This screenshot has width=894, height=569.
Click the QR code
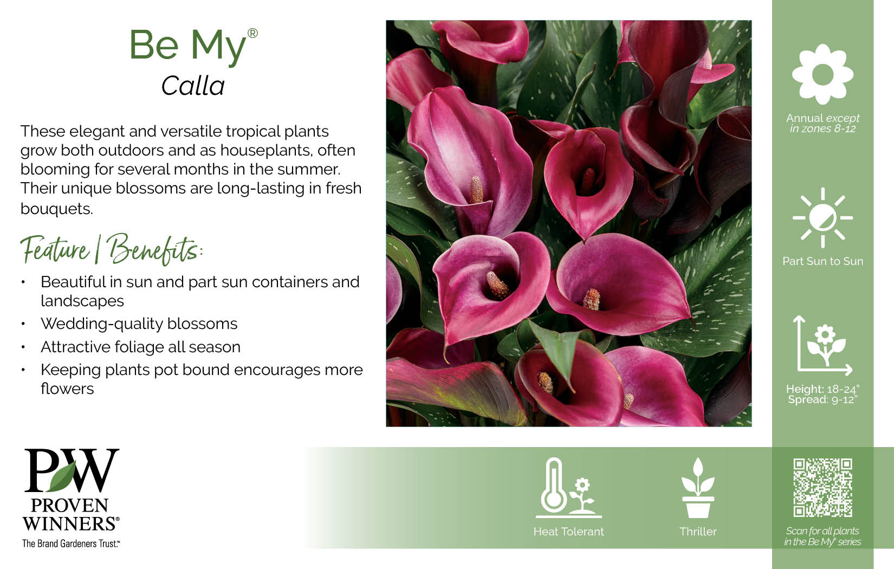[x=822, y=488]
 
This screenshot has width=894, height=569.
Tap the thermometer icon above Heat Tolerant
[x=568, y=488]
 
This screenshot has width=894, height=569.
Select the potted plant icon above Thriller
[x=698, y=488]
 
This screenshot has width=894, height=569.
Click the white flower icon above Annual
[x=822, y=74]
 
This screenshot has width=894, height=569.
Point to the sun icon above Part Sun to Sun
[x=822, y=218]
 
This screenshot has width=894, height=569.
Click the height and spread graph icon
[x=822, y=345]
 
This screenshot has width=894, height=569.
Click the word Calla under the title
[x=193, y=86]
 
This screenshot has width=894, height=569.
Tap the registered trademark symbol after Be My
[x=252, y=33]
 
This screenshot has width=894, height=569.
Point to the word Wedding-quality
[x=102, y=324]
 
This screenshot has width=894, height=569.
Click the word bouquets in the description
[x=57, y=209]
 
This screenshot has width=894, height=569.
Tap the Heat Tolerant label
[x=568, y=532]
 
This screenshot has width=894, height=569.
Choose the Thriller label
[x=698, y=532]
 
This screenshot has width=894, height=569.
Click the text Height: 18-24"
[x=822, y=389]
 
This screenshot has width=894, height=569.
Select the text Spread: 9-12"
[x=822, y=400]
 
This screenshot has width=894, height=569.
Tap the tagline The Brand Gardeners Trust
[x=70, y=544]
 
